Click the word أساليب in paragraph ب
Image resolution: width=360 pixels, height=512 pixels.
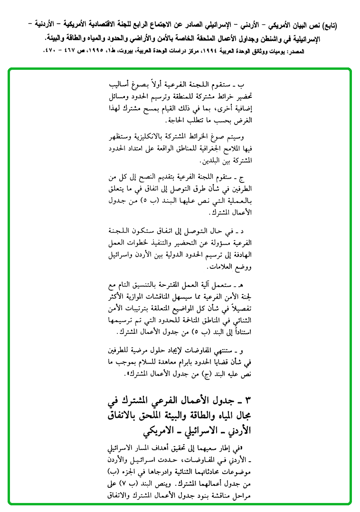point(123,85)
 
